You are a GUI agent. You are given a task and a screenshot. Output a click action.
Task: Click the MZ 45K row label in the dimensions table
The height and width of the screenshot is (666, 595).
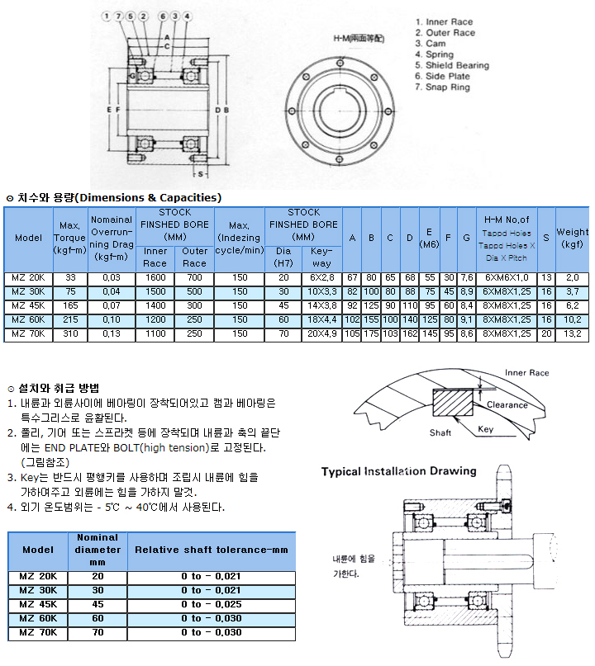tap(28, 305)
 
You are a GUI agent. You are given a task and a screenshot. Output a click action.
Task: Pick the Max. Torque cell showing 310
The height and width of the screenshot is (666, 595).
tap(70, 333)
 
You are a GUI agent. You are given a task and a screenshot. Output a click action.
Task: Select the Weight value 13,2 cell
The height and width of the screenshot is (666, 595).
tap(572, 333)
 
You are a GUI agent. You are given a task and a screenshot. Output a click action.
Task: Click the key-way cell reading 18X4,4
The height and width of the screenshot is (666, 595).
tap(321, 319)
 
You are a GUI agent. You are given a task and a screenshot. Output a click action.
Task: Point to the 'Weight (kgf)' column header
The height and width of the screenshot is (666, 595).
tap(572, 239)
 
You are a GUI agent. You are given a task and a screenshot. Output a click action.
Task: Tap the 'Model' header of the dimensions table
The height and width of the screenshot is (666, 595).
tap(28, 239)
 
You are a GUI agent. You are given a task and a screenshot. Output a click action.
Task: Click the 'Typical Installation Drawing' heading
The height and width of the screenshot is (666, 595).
tap(399, 471)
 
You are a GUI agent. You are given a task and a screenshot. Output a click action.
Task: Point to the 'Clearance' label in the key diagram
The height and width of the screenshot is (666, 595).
tap(507, 404)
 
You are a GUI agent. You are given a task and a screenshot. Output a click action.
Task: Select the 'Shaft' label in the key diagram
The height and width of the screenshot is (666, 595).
tap(440, 432)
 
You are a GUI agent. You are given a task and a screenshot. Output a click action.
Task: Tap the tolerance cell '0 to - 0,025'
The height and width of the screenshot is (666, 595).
tap(211, 604)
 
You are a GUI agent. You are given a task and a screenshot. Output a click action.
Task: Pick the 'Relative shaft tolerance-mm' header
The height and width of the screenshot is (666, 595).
tap(211, 550)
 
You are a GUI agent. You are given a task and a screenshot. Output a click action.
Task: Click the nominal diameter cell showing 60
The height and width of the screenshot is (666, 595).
tap(98, 618)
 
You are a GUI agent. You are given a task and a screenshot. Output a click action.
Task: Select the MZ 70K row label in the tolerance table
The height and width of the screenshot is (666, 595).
tap(37, 633)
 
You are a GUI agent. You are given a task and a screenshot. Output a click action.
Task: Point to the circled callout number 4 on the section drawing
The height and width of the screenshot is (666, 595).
tap(188, 16)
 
